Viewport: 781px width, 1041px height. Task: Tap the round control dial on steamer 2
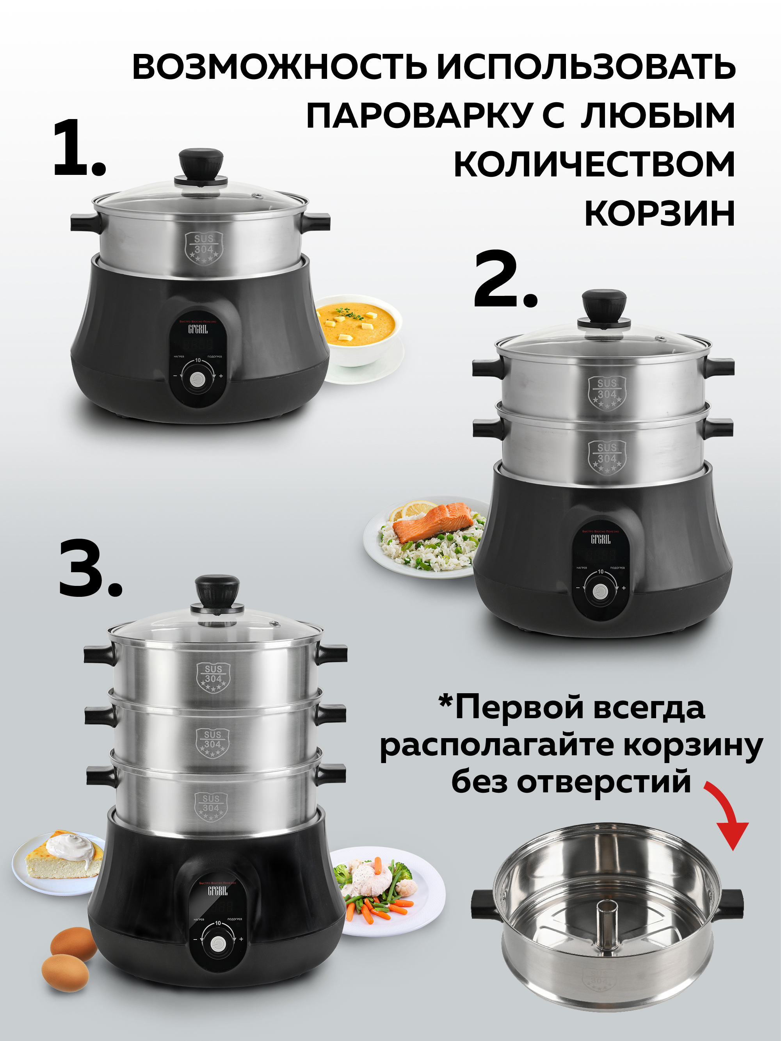[600, 592]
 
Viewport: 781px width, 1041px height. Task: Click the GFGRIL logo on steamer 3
[217, 891]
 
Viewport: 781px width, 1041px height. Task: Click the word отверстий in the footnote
[604, 782]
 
